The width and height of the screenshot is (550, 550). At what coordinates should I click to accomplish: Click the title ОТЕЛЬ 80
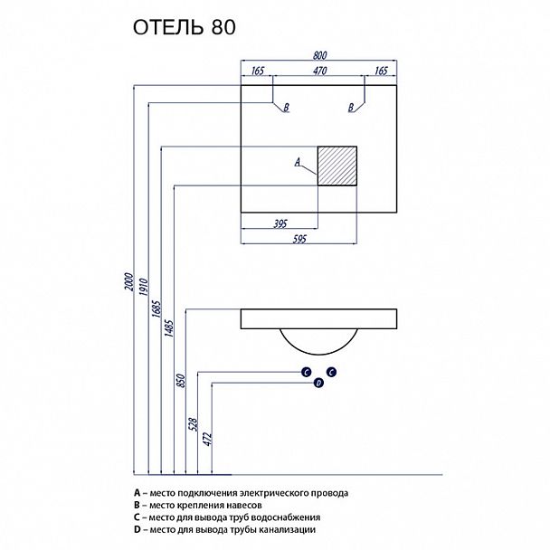[185, 27]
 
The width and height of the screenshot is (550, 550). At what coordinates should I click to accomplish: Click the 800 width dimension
[318, 55]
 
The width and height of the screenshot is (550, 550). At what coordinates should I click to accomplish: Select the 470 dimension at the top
[318, 71]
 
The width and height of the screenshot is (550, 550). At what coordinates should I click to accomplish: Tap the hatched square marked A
[338, 166]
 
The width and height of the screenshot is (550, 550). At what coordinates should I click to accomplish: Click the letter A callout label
[297, 163]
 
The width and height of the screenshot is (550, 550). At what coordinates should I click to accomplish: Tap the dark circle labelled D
[318, 384]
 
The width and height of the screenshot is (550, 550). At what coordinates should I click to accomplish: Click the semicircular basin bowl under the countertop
[318, 339]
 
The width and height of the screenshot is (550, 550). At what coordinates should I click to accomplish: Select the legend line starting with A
[240, 493]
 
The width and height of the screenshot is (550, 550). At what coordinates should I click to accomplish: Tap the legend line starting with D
[223, 530]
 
